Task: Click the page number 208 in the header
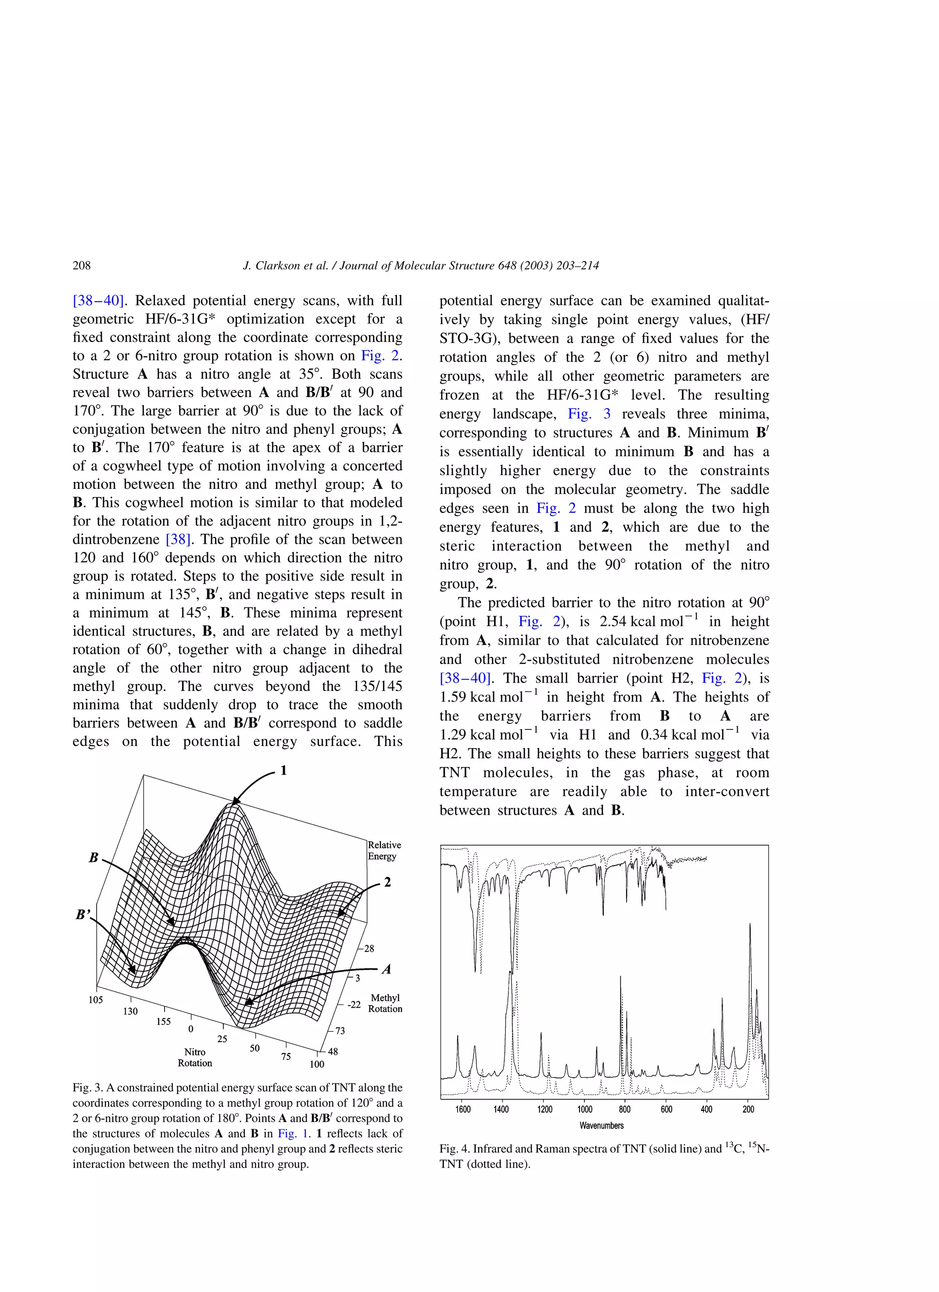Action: coord(82,265)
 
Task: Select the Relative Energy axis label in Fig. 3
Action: coord(384,850)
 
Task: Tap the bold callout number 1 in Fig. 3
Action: coord(283,771)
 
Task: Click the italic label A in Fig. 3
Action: coord(387,969)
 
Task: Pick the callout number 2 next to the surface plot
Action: coord(387,883)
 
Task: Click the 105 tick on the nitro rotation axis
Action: coord(95,1000)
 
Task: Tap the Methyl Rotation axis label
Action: coord(385,1003)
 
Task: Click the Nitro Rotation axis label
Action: coord(194,1057)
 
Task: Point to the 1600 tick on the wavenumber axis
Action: coord(463,1109)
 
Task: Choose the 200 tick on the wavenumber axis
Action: coord(748,1109)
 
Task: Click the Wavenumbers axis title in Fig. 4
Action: coord(601,1126)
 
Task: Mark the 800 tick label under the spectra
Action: coord(624,1109)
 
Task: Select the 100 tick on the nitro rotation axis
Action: coord(317,1064)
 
